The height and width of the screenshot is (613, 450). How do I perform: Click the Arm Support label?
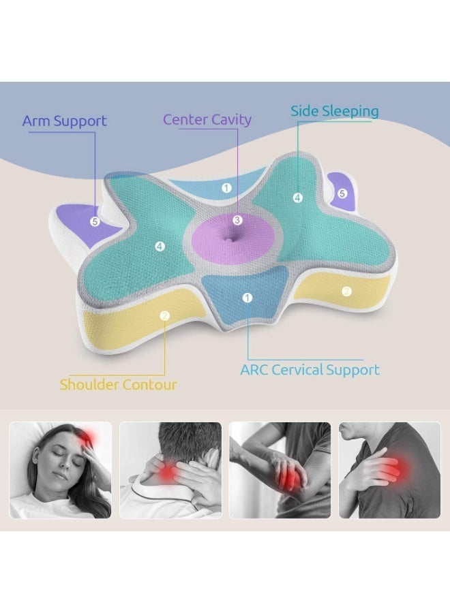point(64,122)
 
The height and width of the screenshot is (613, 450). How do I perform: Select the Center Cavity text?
point(207,120)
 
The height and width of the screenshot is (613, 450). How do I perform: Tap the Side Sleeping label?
point(334,111)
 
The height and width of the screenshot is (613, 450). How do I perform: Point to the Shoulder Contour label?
point(118,385)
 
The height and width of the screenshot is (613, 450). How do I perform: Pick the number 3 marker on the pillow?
point(237,220)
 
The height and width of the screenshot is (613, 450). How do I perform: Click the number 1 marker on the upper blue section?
point(226,187)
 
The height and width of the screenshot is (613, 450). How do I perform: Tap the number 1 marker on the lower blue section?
point(247,298)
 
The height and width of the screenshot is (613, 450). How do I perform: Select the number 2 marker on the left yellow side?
point(164,315)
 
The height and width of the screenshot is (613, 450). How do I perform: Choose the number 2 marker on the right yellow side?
point(346,292)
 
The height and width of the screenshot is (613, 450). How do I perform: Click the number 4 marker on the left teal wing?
point(160,246)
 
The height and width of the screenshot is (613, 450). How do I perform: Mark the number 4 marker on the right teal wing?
point(297,198)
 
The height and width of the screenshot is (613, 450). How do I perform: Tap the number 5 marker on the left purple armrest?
point(95,221)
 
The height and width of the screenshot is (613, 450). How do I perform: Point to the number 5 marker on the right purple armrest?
point(342,193)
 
